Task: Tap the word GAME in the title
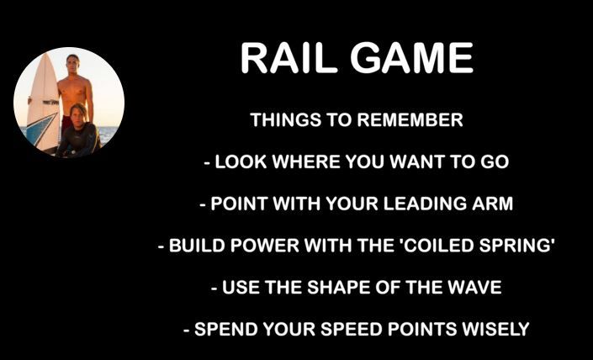(411, 58)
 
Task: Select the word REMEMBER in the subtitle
(410, 120)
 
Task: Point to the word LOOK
(241, 161)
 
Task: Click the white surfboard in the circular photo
(43, 102)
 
